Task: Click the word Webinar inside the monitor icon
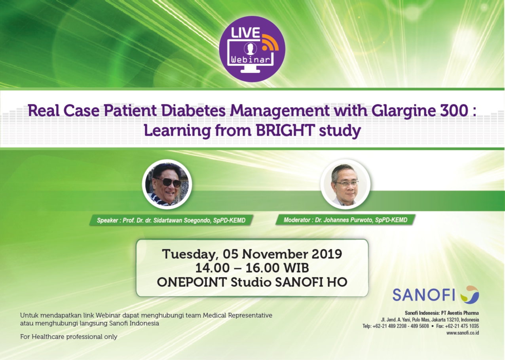[x=251, y=60]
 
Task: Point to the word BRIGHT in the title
[x=285, y=130]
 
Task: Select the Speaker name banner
[x=171, y=220]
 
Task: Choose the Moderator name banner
[x=346, y=220]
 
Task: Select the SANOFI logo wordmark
[x=423, y=295]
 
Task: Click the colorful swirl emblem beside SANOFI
[x=469, y=295]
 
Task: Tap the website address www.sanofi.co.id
[x=463, y=333]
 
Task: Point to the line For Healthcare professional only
[x=69, y=337]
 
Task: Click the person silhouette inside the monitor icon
[x=250, y=49]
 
